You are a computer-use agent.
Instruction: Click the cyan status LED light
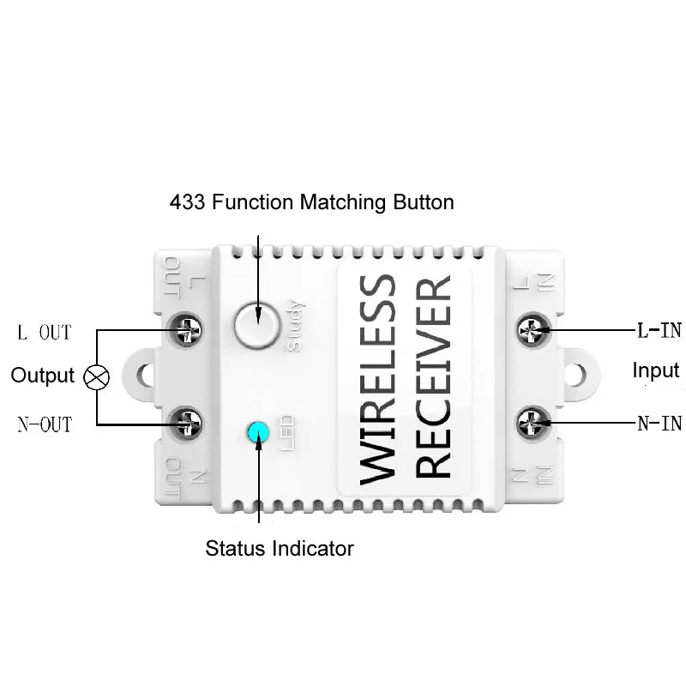pyautogui.click(x=258, y=432)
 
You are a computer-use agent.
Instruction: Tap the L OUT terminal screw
pyautogui.click(x=186, y=330)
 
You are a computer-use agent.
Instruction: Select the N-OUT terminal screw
pyautogui.click(x=186, y=423)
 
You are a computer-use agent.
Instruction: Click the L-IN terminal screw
pyautogui.click(x=533, y=329)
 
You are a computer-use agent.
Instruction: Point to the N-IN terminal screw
pyautogui.click(x=533, y=423)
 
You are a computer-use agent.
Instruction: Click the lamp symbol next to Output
pyautogui.click(x=96, y=376)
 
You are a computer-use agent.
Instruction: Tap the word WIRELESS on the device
pyautogui.click(x=378, y=380)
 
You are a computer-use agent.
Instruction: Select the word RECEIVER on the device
pyautogui.click(x=433, y=376)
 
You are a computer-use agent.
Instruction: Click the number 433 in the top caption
pyautogui.click(x=187, y=202)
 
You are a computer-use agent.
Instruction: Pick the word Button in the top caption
pyautogui.click(x=424, y=202)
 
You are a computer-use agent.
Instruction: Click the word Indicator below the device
pyautogui.click(x=313, y=549)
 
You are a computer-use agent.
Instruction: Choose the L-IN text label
pyautogui.click(x=659, y=331)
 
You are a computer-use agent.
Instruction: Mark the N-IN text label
pyautogui.click(x=659, y=424)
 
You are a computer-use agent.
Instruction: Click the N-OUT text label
pyautogui.click(x=45, y=424)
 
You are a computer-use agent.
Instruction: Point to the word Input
pyautogui.click(x=656, y=371)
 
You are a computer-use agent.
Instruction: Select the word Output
pyautogui.click(x=42, y=376)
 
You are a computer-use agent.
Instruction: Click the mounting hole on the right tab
pyautogui.click(x=575, y=375)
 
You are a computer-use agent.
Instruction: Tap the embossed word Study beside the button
pyautogui.click(x=294, y=326)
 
